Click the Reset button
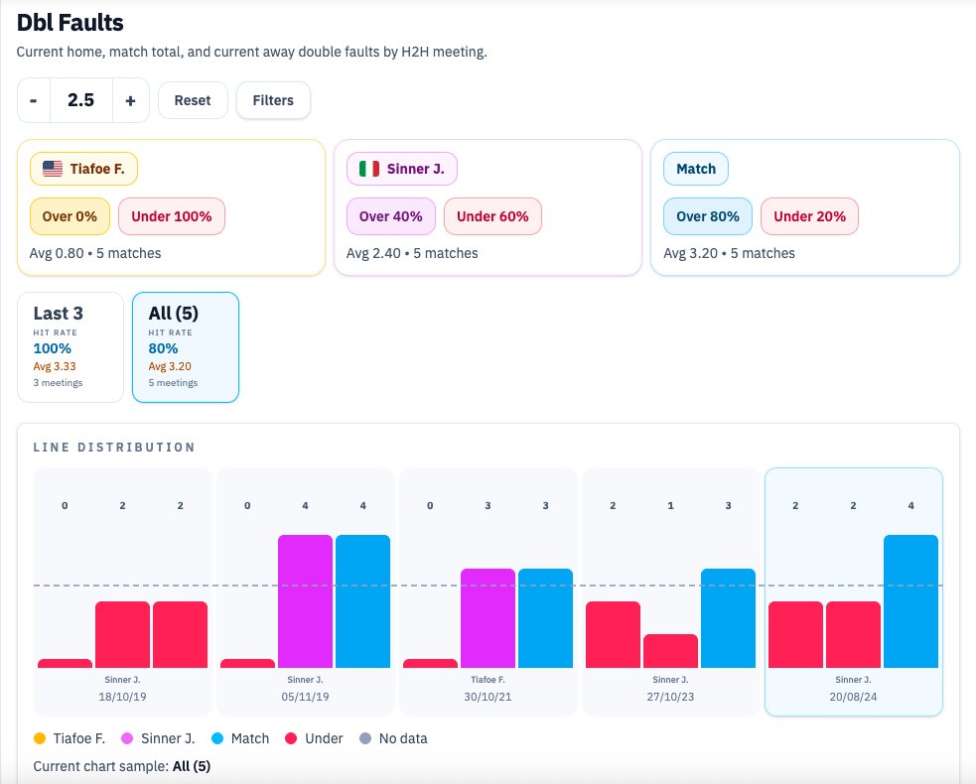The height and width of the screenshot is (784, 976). click(x=193, y=100)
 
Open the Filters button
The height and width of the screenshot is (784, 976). click(x=272, y=100)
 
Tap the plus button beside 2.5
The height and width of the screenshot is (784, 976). click(x=130, y=100)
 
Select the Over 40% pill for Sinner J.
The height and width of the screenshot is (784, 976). click(x=390, y=216)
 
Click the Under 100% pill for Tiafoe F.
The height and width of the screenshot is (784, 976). click(x=172, y=216)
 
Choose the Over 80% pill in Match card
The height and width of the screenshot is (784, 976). click(x=708, y=216)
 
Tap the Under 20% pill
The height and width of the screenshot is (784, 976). click(x=809, y=216)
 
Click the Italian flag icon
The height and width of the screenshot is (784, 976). click(x=369, y=169)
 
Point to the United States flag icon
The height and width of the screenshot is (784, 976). click(x=53, y=169)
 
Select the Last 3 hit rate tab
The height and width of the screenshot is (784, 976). click(x=70, y=346)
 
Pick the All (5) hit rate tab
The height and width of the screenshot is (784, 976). click(x=185, y=346)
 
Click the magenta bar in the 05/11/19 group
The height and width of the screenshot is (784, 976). click(x=305, y=600)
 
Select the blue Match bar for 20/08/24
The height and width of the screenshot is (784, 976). click(x=910, y=600)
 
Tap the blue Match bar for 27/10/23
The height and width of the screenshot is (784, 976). click(x=728, y=617)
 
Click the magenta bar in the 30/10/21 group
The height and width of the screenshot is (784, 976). click(x=488, y=617)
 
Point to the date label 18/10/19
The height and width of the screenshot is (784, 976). click(x=124, y=698)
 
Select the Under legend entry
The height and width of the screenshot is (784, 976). click(x=315, y=738)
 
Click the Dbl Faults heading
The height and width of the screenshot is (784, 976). click(x=70, y=22)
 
